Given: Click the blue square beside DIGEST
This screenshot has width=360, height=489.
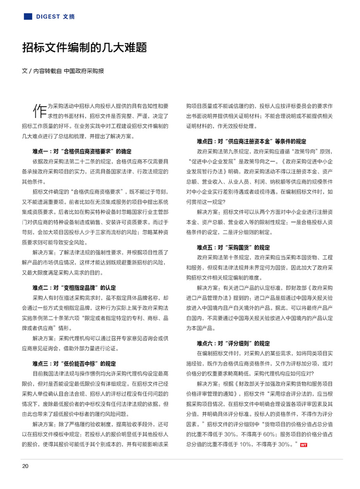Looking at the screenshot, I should point(28,16).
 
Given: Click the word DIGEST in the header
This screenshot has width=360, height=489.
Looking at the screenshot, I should point(48,16).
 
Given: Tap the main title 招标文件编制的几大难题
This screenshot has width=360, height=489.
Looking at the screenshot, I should point(84,47).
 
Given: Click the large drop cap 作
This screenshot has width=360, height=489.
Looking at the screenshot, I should point(39,110).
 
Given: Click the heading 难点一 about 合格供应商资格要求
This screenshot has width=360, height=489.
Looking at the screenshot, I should point(82,151).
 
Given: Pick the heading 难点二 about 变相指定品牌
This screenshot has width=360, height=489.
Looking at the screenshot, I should point(74,288).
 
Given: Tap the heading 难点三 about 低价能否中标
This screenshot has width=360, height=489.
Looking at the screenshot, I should point(74,363).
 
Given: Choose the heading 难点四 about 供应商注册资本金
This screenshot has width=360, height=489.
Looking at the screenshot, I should point(251,141).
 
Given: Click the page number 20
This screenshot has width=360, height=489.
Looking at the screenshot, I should point(25,466).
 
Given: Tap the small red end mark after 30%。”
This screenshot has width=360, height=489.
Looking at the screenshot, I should point(303,445).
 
